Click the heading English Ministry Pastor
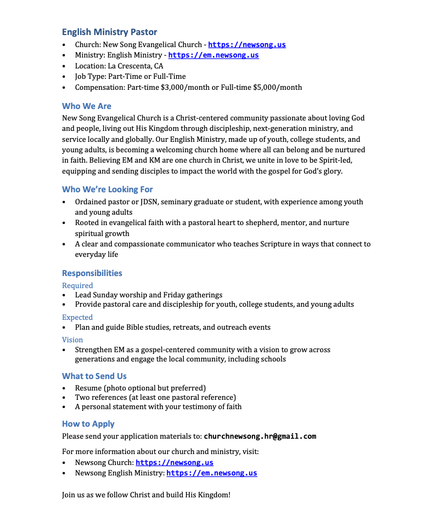coord(109,32)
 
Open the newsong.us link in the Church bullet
coord(247,45)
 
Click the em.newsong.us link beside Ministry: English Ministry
coord(213,55)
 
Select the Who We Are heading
coord(87,106)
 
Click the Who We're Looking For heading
coord(108,190)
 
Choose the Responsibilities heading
coord(92,273)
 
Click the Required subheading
coord(77,285)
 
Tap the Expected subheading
coord(77,317)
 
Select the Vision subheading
coord(72,340)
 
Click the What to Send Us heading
coord(94,376)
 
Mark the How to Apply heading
coord(88,424)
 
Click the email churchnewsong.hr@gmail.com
coord(260,437)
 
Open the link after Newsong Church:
coord(175,463)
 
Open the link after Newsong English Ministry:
coord(212,473)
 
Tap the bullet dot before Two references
coord(65,398)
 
